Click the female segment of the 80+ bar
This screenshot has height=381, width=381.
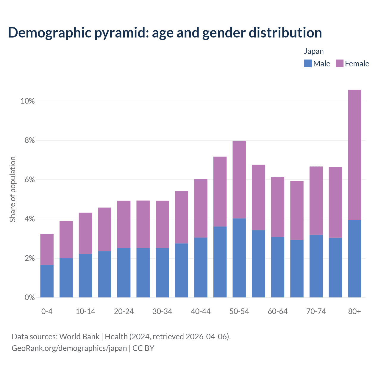[x=355, y=155]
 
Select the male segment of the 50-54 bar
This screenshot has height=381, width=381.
[x=239, y=258]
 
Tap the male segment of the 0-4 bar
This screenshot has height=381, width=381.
[x=47, y=281]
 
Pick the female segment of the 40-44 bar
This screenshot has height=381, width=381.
[x=201, y=208]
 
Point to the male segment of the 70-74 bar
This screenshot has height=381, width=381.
[x=316, y=266]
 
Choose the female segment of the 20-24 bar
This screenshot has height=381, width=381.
[x=124, y=224]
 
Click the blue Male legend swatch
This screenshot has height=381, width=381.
[x=307, y=63]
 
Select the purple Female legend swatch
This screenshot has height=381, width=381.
[x=339, y=63]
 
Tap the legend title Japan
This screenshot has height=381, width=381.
[x=314, y=51]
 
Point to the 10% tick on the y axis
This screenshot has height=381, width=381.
[x=28, y=101]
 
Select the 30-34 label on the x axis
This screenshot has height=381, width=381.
[x=162, y=311]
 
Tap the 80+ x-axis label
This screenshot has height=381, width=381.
[x=355, y=311]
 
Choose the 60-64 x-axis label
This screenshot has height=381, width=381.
[x=278, y=311]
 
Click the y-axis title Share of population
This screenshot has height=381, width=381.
[x=13, y=189]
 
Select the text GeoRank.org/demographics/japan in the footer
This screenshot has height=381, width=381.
[x=69, y=348]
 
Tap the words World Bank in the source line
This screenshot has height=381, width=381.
[x=79, y=337]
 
